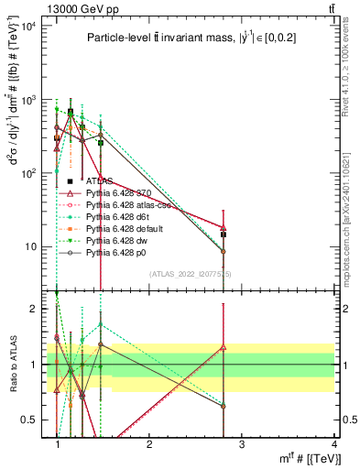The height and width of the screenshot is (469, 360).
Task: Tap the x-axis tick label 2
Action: (150, 445)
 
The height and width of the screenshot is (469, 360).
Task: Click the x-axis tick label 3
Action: (243, 445)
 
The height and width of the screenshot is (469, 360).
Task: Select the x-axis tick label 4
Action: (335, 445)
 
